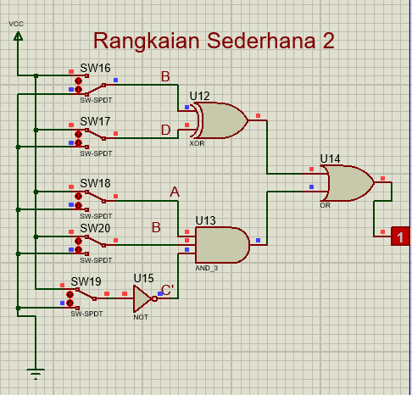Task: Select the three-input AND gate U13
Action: pyautogui.click(x=222, y=245)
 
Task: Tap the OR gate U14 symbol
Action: pyautogui.click(x=349, y=183)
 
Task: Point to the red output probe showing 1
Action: pyautogui.click(x=400, y=236)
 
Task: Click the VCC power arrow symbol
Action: pyautogui.click(x=18, y=36)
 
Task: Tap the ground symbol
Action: pyautogui.click(x=36, y=374)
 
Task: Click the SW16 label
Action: pyautogui.click(x=95, y=68)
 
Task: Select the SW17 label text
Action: pyautogui.click(x=95, y=121)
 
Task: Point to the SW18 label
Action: pyautogui.click(x=95, y=183)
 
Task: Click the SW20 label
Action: pyautogui.click(x=95, y=228)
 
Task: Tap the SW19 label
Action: pyautogui.click(x=86, y=281)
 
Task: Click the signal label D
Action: pyautogui.click(x=166, y=131)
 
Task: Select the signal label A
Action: pyautogui.click(x=175, y=192)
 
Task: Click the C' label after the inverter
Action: pyautogui.click(x=168, y=290)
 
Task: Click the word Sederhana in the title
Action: pyautogui.click(x=261, y=41)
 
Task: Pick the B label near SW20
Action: pyautogui.click(x=156, y=227)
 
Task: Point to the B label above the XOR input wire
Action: pyautogui.click(x=165, y=76)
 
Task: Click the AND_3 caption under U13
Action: pyautogui.click(x=207, y=268)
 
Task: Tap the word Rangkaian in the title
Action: pyautogui.click(x=147, y=42)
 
